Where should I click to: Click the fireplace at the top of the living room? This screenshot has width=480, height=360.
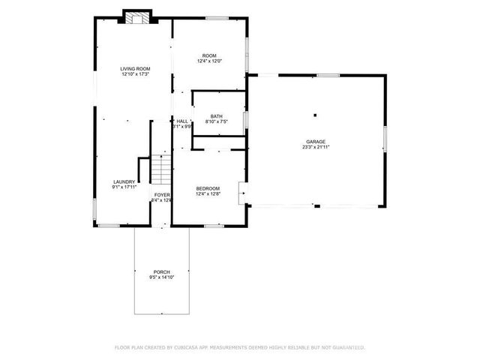click(x=137, y=18)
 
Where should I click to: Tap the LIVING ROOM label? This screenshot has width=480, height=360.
click(x=135, y=68)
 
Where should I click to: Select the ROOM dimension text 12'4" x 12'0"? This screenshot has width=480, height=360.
click(x=209, y=61)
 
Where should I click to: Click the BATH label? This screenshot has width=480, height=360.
click(x=217, y=115)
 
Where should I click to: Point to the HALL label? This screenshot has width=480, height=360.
click(x=182, y=121)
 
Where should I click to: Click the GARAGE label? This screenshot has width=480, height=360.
click(x=315, y=141)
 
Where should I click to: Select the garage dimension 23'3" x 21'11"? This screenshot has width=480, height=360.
click(x=315, y=147)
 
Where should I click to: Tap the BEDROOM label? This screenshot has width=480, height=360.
click(x=208, y=188)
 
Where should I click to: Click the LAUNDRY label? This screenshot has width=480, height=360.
click(x=124, y=181)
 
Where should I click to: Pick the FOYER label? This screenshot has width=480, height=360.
click(x=161, y=195)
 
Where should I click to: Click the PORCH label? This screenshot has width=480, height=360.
click(x=161, y=271)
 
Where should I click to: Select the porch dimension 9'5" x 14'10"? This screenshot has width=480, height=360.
click(x=161, y=277)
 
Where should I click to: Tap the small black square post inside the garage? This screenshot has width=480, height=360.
click(x=315, y=115)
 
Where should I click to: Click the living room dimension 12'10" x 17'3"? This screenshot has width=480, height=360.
click(x=135, y=73)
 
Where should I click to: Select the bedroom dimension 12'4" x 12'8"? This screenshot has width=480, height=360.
click(x=208, y=194)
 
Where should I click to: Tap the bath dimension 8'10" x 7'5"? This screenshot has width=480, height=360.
click(x=217, y=121)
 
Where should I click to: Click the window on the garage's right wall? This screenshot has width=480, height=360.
click(x=385, y=138)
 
